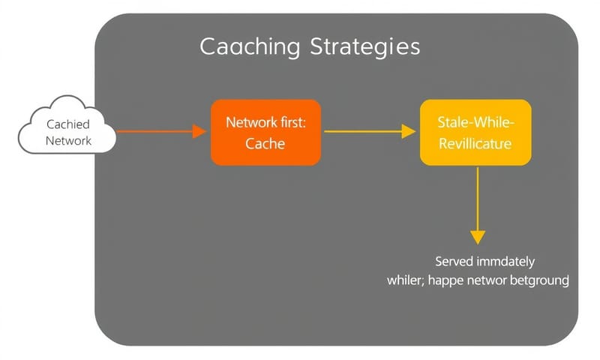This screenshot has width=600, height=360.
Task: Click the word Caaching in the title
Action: (250, 46)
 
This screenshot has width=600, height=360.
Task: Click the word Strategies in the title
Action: (364, 46)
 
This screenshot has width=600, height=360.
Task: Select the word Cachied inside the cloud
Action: (68, 124)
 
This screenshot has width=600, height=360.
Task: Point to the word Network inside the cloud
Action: (68, 140)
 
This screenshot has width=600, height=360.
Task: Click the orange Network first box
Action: (265, 132)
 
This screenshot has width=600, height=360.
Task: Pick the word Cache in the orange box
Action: (265, 143)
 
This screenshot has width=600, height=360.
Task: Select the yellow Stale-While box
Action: (475, 132)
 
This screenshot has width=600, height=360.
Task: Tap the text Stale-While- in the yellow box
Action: (475, 121)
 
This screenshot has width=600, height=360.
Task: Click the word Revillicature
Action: (475, 143)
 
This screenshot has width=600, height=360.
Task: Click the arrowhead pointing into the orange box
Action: (199, 131)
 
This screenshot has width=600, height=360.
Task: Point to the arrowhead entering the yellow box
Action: (409, 131)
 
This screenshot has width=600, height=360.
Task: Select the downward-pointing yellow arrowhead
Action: (478, 236)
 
